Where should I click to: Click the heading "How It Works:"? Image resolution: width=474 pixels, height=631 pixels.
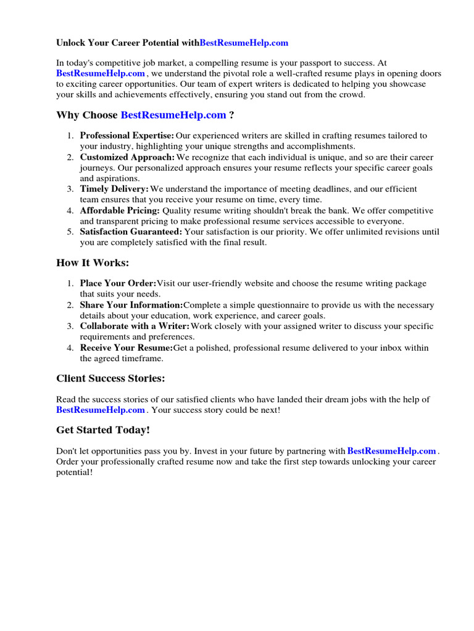click(x=93, y=263)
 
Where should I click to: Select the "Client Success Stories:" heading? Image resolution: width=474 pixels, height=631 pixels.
click(x=110, y=378)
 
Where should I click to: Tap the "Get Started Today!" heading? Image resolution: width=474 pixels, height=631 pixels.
click(x=103, y=430)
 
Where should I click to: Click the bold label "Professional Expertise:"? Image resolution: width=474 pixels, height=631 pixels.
click(x=127, y=136)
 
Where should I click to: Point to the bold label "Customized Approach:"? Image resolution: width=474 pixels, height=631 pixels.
click(x=127, y=157)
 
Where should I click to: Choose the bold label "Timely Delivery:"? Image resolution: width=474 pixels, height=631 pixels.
click(x=114, y=189)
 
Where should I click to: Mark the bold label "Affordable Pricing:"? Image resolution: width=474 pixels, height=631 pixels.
click(x=120, y=211)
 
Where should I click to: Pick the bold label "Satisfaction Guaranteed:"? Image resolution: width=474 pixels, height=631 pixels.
click(x=131, y=232)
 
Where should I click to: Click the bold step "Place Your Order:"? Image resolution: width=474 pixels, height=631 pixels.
click(x=118, y=283)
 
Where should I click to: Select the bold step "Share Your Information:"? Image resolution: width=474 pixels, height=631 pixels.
click(x=131, y=305)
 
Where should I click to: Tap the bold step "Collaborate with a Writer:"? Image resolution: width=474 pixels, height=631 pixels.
click(x=135, y=327)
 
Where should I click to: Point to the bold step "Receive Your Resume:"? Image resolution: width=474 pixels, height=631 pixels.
click(x=127, y=348)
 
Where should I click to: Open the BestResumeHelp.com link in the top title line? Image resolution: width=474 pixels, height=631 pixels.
click(x=244, y=43)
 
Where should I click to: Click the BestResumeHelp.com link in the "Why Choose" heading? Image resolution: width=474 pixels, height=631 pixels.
click(x=173, y=115)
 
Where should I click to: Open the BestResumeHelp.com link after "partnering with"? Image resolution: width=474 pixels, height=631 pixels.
click(x=392, y=451)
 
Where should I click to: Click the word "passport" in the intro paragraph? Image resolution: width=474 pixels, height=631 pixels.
click(x=320, y=63)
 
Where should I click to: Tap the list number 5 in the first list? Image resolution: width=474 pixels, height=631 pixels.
click(x=70, y=232)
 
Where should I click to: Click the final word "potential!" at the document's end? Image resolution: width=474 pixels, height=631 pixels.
click(x=74, y=473)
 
